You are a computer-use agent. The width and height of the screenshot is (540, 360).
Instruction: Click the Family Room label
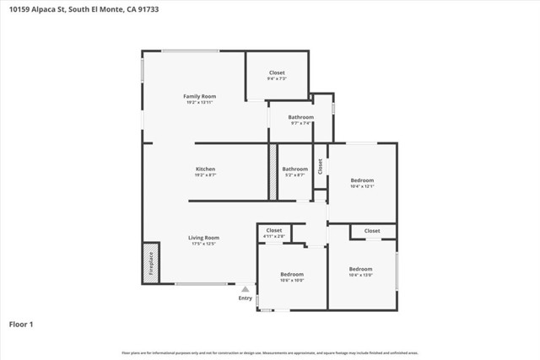(x=200, y=97)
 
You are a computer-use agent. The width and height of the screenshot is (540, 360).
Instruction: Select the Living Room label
(x=203, y=238)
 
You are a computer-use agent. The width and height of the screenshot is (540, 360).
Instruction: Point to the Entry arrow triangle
(x=245, y=288)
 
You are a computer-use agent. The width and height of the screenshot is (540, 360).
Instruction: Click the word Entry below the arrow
(x=245, y=298)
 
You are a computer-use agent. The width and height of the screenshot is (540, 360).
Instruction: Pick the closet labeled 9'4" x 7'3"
(x=277, y=73)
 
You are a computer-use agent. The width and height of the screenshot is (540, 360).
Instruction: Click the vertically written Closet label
(x=320, y=166)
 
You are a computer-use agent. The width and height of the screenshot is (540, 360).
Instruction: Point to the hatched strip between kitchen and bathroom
(x=273, y=171)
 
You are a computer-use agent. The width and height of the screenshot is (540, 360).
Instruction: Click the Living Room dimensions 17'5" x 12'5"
(x=203, y=244)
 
